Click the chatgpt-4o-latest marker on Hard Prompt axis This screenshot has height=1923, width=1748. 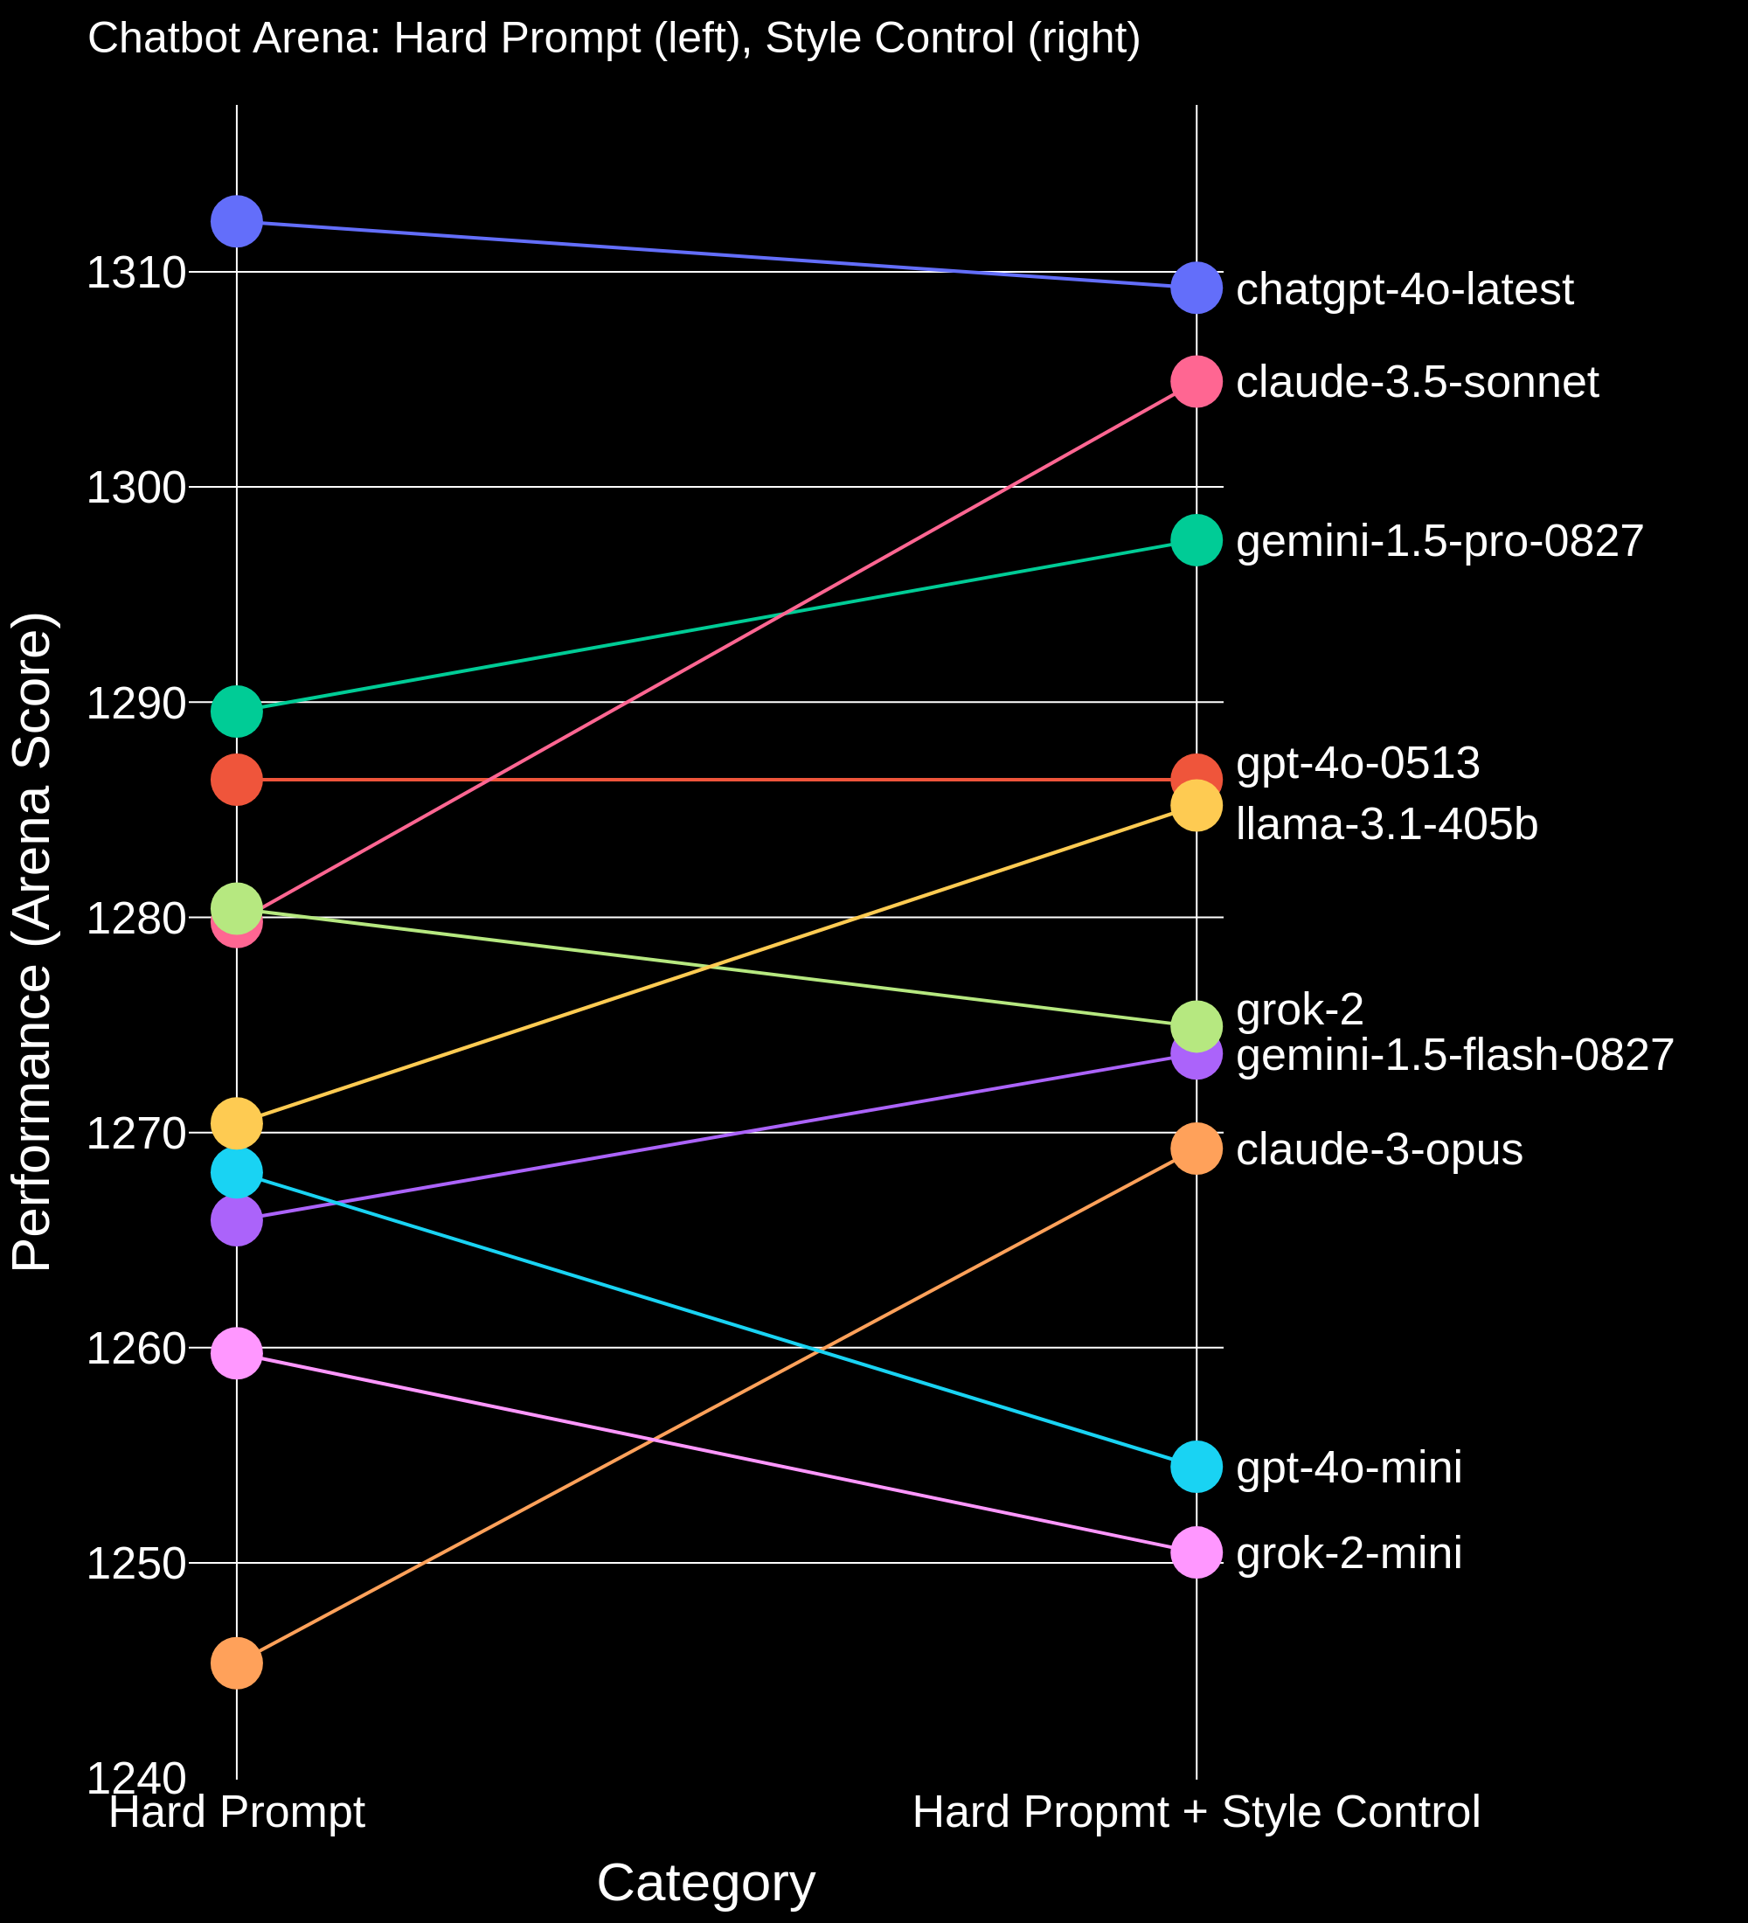click(x=237, y=221)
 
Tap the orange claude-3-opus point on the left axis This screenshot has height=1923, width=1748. click(x=237, y=1663)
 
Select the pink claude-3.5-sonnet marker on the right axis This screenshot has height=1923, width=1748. click(x=1196, y=382)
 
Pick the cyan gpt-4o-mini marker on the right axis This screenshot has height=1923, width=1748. click(x=1196, y=1467)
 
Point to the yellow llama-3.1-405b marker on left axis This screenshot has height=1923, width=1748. click(x=237, y=1124)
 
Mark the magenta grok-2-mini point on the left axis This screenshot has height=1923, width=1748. click(x=237, y=1352)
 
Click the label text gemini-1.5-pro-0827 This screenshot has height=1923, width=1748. click(x=1439, y=541)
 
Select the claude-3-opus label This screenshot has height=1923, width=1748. click(x=1379, y=1149)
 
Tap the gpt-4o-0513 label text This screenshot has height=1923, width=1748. click(x=1357, y=763)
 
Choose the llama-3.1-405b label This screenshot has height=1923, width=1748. click(x=1386, y=824)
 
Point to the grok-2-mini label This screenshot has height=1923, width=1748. click(x=1349, y=1553)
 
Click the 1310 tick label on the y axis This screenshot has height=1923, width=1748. click(x=135, y=274)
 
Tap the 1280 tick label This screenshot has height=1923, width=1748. click(x=135, y=919)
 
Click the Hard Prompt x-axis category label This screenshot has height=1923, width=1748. click(x=237, y=1811)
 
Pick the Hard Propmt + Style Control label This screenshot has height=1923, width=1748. click(x=1196, y=1811)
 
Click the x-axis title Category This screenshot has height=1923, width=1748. click(x=705, y=1883)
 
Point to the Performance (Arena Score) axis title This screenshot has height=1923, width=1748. click(x=32, y=941)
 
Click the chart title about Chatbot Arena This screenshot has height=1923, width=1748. click(x=614, y=39)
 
